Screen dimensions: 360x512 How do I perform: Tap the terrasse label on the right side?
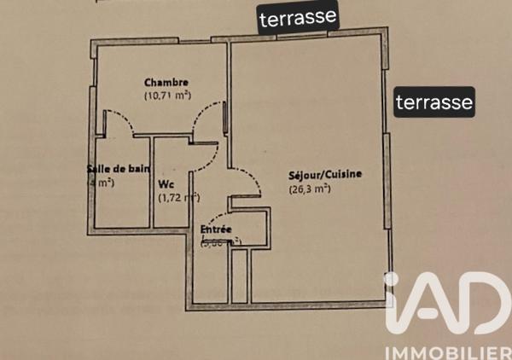[433, 103]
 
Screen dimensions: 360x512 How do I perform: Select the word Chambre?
[166, 83]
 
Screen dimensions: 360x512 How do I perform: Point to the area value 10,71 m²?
[167, 96]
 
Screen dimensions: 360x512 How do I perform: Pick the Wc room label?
[166, 183]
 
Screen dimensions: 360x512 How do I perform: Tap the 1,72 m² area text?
[178, 198]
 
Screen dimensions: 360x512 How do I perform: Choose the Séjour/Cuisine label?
[325, 175]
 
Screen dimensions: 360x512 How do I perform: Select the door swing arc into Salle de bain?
[120, 121]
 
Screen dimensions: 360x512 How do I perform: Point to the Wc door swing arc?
[205, 154]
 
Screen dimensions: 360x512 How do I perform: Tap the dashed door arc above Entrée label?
[218, 215]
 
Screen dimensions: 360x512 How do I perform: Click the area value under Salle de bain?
[101, 183]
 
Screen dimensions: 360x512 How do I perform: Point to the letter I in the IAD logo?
[392, 303]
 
